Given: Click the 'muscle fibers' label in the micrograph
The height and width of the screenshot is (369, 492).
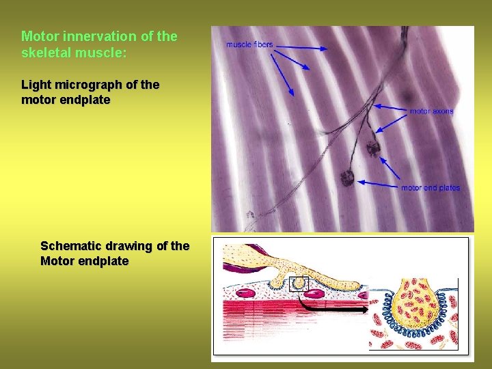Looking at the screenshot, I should pyautogui.click(x=249, y=45).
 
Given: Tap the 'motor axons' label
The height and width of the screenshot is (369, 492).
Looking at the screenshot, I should pyautogui.click(x=431, y=111).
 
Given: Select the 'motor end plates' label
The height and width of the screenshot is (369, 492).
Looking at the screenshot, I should pyautogui.click(x=430, y=188).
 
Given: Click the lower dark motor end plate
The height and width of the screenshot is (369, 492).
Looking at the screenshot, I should pyautogui.click(x=347, y=178).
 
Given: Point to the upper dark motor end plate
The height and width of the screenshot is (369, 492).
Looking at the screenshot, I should pyautogui.click(x=373, y=146).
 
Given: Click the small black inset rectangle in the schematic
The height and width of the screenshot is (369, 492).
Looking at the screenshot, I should pyautogui.click(x=299, y=284).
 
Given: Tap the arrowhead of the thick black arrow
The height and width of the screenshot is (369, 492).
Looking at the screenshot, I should pyautogui.click(x=366, y=309).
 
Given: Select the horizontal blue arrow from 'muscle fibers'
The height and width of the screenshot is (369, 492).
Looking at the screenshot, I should pyautogui.click(x=301, y=47).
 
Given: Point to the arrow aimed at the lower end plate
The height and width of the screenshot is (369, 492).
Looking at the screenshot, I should pyautogui.click(x=379, y=183).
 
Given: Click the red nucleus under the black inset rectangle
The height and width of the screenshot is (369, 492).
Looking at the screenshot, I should pyautogui.click(x=314, y=295).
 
